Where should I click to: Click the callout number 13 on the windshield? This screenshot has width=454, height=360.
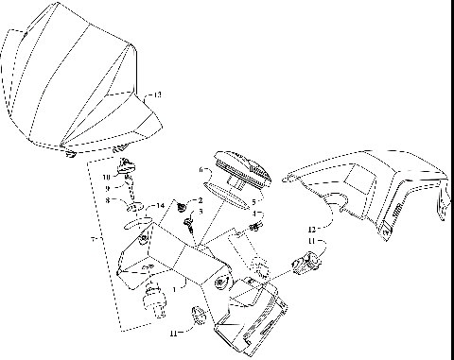157,94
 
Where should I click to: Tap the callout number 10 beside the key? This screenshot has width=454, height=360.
107,177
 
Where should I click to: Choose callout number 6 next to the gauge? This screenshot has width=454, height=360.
201,171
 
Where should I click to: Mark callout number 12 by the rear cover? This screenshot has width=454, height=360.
311,230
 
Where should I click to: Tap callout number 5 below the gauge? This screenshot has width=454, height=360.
252,200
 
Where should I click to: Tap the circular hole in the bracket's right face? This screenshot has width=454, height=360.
219,283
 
